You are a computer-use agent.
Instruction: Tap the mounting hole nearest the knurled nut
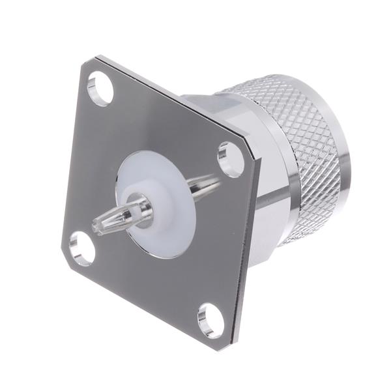tap(231, 158)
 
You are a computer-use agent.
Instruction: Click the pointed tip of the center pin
tap(96, 228)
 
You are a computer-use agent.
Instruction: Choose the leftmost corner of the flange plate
tap(63, 248)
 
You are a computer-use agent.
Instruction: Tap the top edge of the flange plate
tap(169, 98)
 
